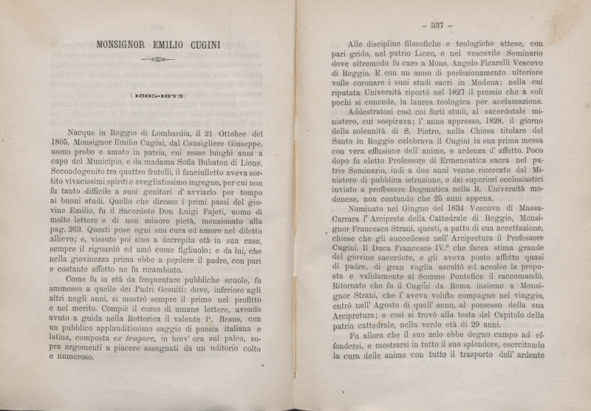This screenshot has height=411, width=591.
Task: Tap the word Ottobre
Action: click(230, 134)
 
